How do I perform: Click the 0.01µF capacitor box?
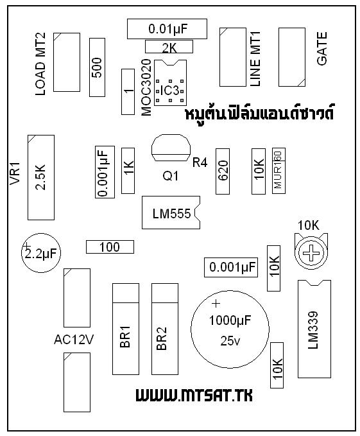point(167,29)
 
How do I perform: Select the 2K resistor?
point(169,46)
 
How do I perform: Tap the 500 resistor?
point(98,67)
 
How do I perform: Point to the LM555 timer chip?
point(171,213)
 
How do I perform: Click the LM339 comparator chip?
point(314,329)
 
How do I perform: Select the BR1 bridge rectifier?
point(126,329)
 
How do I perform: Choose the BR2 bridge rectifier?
point(165,329)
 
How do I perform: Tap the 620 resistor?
point(223,171)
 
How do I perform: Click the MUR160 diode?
point(279,171)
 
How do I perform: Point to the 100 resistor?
point(110,247)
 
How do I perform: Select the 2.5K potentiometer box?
point(41,177)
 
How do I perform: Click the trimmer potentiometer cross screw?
point(311,253)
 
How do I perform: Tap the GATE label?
point(322,49)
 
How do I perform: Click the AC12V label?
point(74,340)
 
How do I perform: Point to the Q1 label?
point(171,176)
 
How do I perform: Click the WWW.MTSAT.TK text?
point(194,395)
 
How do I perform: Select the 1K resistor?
point(128,171)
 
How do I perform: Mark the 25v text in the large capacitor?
point(230,341)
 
